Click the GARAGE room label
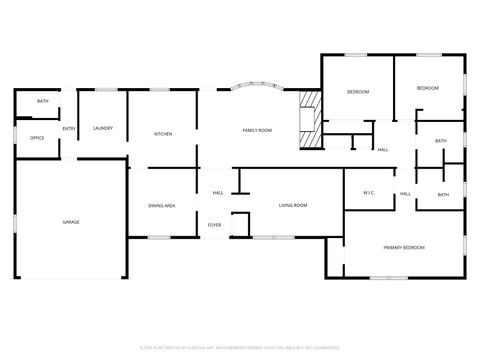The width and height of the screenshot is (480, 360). (71, 222)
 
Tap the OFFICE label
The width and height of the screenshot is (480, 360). (37, 137)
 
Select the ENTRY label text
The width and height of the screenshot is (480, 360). (69, 129)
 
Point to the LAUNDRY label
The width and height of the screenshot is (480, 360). (102, 129)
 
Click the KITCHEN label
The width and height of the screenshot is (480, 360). (163, 133)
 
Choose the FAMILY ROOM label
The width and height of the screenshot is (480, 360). (258, 131)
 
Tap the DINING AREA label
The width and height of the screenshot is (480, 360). (162, 205)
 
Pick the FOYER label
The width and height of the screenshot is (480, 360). (215, 225)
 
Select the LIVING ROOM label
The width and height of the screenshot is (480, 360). (293, 205)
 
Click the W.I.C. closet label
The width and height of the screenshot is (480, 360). (367, 194)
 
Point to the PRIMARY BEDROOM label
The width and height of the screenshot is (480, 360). (404, 247)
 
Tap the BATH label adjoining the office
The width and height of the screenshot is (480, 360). (43, 102)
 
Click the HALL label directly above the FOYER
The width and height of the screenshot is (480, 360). (217, 193)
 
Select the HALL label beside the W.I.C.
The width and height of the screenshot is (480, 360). (405, 194)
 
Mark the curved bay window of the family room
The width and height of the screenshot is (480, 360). (258, 88)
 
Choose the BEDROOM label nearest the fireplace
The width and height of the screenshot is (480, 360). (358, 92)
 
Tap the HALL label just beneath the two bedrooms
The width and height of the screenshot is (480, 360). (383, 150)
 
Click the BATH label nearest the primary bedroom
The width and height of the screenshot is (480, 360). (442, 195)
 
